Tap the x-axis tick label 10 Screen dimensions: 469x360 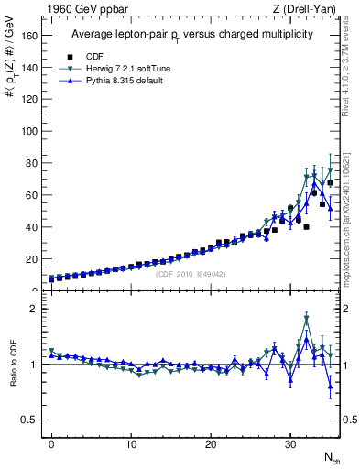[x=131, y=442]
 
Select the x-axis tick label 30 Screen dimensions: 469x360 [x=290, y=442]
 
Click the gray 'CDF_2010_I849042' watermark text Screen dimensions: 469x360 [x=190, y=274]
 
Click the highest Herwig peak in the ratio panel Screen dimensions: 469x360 [x=306, y=318]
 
